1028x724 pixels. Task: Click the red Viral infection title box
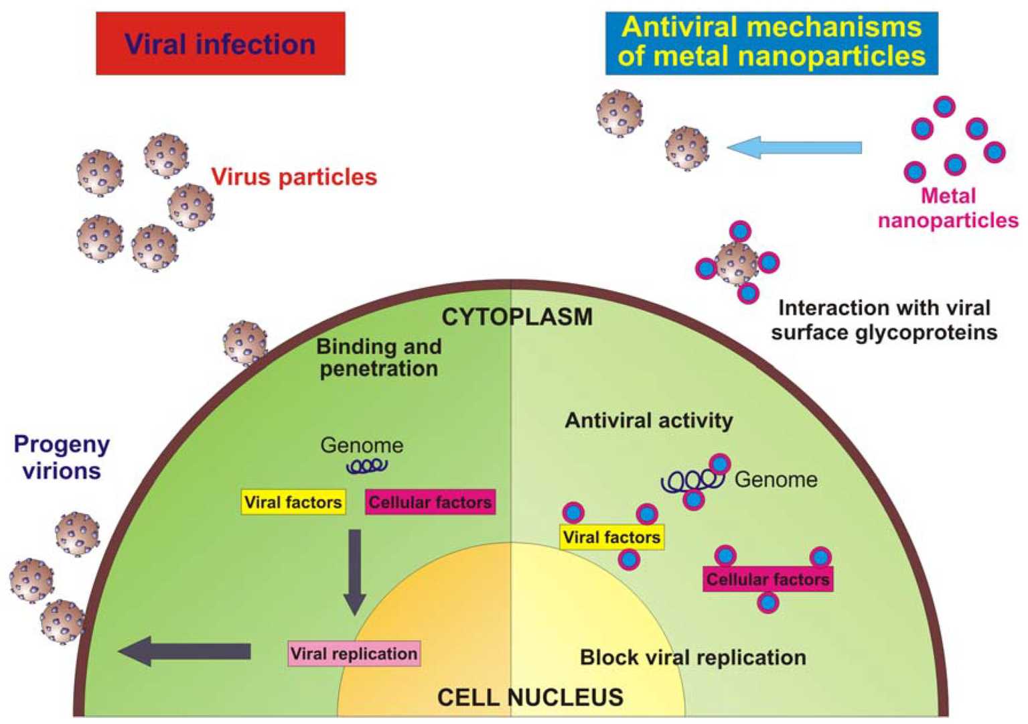coord(220,44)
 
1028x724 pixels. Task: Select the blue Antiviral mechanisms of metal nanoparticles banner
coord(771,42)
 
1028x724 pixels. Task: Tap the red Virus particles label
coord(294,177)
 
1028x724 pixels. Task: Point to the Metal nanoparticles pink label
coord(948,208)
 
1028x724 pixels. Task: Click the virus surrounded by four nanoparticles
coord(737,263)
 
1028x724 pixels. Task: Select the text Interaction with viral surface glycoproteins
coord(883,320)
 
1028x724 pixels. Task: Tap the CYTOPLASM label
coord(516,316)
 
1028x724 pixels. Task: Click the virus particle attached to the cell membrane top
coord(245,343)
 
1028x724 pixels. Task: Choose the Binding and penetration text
coord(379,357)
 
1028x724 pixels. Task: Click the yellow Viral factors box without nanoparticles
coord(293,502)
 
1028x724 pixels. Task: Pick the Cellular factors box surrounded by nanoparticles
coord(767,579)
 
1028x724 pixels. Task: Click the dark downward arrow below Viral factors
coord(354,570)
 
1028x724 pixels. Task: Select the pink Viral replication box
coord(354,654)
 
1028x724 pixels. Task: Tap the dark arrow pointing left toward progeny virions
coord(186,651)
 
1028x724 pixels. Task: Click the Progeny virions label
coord(62,457)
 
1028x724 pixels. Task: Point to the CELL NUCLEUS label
coord(530,697)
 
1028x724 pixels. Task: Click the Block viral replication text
coord(692,658)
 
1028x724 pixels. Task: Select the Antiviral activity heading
coord(648,420)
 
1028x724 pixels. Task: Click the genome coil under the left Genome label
coord(366,466)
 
